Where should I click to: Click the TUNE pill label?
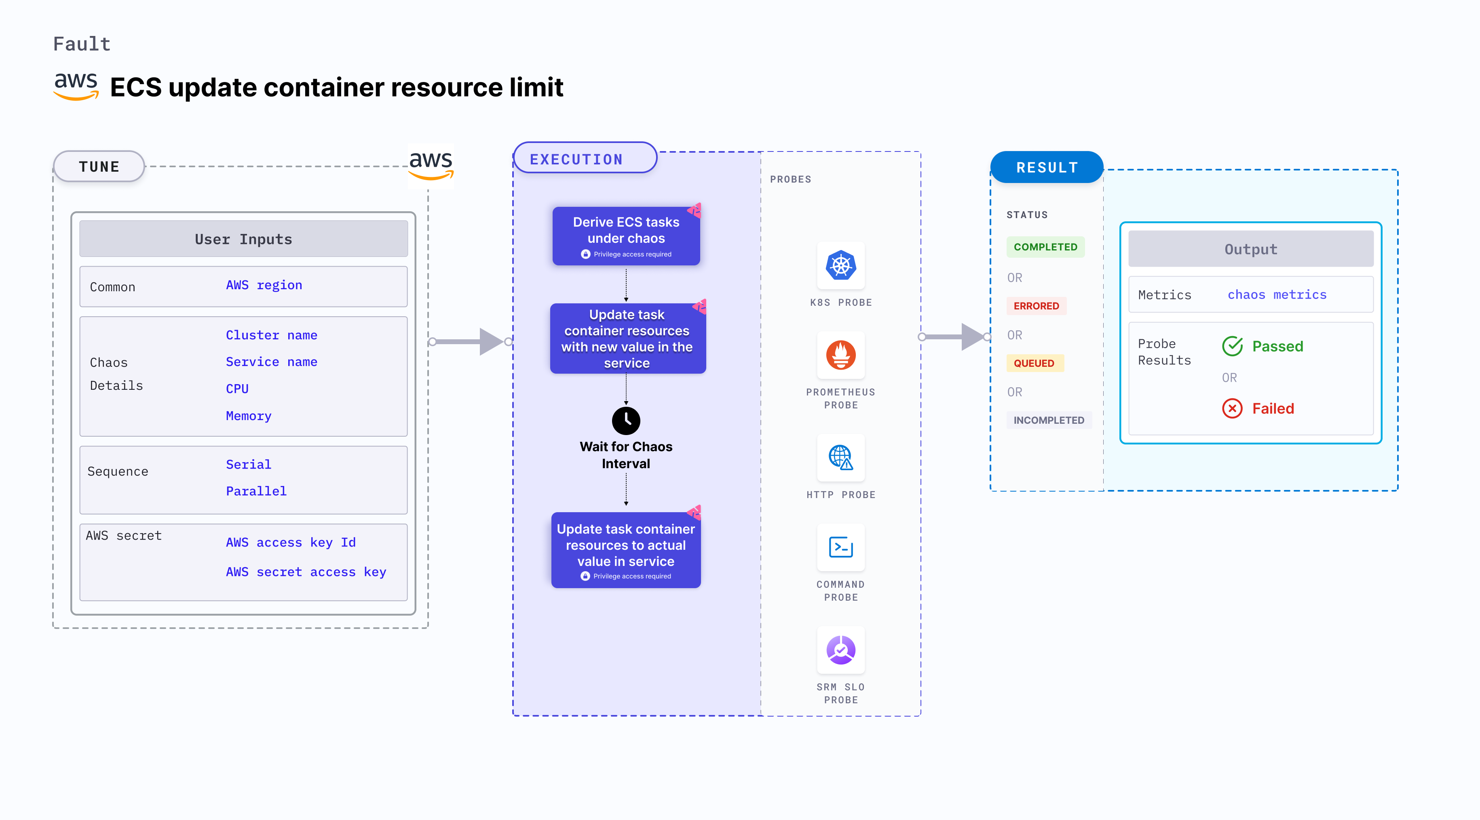(x=99, y=166)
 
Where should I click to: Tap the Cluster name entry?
(x=271, y=335)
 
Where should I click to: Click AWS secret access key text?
(x=306, y=572)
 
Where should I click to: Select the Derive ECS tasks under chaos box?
(x=626, y=236)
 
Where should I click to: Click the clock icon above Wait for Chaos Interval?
(x=626, y=421)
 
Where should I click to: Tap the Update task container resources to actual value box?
(x=626, y=549)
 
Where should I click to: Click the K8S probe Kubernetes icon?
(x=840, y=265)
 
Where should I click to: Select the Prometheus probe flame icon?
(x=840, y=355)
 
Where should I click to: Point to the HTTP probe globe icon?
(x=840, y=458)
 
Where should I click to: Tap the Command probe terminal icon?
(x=840, y=547)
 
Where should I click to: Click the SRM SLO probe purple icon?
(x=840, y=650)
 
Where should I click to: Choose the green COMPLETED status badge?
(x=1045, y=247)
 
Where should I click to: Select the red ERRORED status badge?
(x=1036, y=306)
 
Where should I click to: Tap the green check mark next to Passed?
(x=1232, y=346)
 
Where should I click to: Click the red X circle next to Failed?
(x=1232, y=409)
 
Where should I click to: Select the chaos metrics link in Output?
(x=1277, y=294)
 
